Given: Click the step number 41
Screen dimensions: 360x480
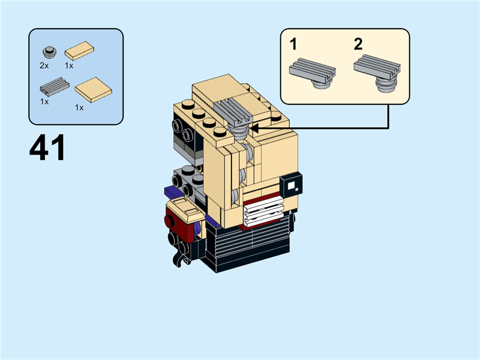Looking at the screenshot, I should click(x=47, y=149).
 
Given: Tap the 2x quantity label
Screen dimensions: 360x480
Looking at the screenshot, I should click(x=44, y=65).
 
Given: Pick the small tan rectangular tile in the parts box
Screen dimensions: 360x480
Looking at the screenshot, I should click(x=79, y=51).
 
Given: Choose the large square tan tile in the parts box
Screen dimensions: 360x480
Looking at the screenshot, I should click(x=93, y=90).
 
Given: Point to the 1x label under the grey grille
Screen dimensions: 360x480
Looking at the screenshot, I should click(x=44, y=102).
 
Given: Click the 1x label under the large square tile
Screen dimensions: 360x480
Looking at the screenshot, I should click(x=79, y=107).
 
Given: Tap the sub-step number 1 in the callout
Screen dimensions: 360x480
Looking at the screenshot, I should click(x=293, y=44).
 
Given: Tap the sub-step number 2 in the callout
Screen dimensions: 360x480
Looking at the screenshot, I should click(x=358, y=44).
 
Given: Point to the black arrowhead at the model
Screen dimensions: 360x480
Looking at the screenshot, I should click(x=254, y=127).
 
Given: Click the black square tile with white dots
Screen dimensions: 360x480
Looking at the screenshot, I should click(x=292, y=185).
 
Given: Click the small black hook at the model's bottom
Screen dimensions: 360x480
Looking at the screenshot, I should click(x=178, y=259).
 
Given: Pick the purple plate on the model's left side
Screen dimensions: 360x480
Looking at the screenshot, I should click(x=170, y=193).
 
